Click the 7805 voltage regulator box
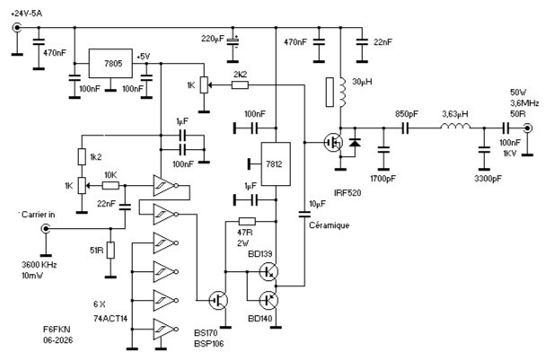(x=110, y=64)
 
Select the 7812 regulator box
(x=276, y=164)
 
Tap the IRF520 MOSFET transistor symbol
(x=333, y=143)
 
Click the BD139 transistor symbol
(x=269, y=271)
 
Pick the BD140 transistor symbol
(x=269, y=300)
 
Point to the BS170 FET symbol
(x=219, y=300)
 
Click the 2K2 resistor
(x=240, y=84)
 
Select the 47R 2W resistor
(x=247, y=221)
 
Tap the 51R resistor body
(x=110, y=250)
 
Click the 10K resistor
(x=110, y=186)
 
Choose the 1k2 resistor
(x=82, y=156)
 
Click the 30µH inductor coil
(x=342, y=92)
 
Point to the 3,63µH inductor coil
(x=455, y=127)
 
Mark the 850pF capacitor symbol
(x=405, y=128)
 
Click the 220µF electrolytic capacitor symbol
(x=233, y=41)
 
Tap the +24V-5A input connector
(x=16, y=27)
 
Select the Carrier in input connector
(x=46, y=229)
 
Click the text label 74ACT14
(x=110, y=319)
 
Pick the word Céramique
(x=329, y=225)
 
